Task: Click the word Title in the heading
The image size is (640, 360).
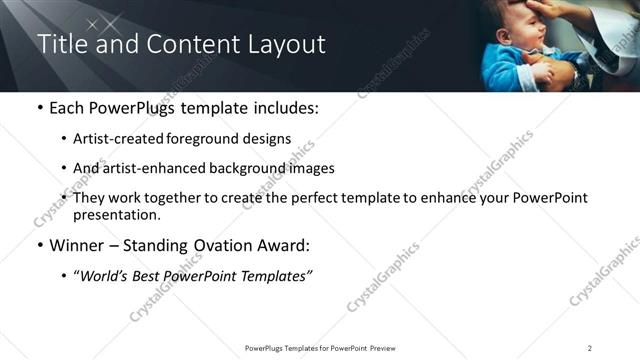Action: [60, 45]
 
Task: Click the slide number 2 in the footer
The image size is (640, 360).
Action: [590, 347]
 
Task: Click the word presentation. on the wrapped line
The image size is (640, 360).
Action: [116, 214]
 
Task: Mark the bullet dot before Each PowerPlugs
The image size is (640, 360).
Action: [39, 108]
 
